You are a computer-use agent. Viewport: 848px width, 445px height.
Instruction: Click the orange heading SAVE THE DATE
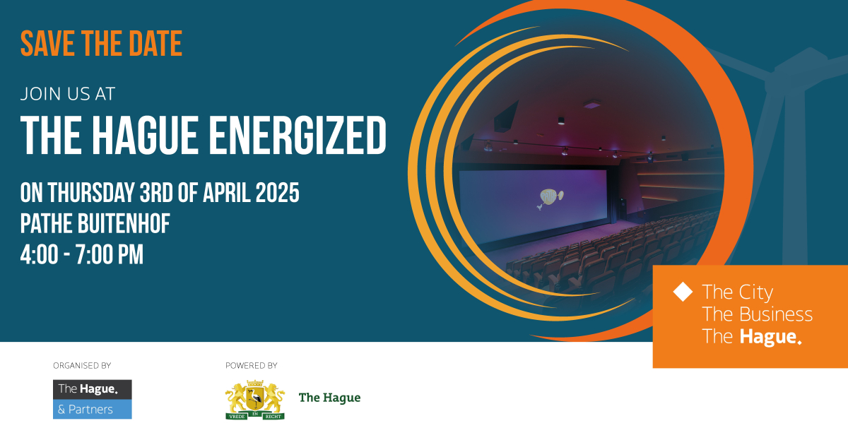[102, 44]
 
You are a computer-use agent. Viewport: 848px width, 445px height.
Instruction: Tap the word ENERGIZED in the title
[298, 136]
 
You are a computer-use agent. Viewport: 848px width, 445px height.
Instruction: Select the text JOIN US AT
[68, 94]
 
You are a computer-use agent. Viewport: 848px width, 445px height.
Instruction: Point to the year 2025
[278, 193]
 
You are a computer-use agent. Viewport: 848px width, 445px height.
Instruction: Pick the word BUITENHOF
[124, 223]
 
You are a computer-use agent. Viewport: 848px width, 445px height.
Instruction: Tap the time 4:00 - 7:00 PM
[82, 254]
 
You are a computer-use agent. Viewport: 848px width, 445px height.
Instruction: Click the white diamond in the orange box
[683, 292]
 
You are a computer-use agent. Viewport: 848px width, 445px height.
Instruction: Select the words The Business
[757, 314]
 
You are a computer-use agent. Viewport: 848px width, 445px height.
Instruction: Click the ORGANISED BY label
[82, 366]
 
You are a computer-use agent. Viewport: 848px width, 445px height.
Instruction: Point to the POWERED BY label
[252, 366]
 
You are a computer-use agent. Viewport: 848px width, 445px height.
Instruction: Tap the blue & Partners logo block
[93, 410]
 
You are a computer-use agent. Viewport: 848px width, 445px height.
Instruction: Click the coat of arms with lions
[255, 400]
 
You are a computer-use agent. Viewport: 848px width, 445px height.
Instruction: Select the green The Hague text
[330, 398]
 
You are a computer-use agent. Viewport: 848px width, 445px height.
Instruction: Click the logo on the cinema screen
[550, 198]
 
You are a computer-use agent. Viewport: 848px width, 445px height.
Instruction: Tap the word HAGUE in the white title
[146, 136]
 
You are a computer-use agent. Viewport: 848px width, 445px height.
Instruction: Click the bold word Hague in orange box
[771, 337]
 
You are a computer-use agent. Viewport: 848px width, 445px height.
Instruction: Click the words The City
[738, 292]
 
